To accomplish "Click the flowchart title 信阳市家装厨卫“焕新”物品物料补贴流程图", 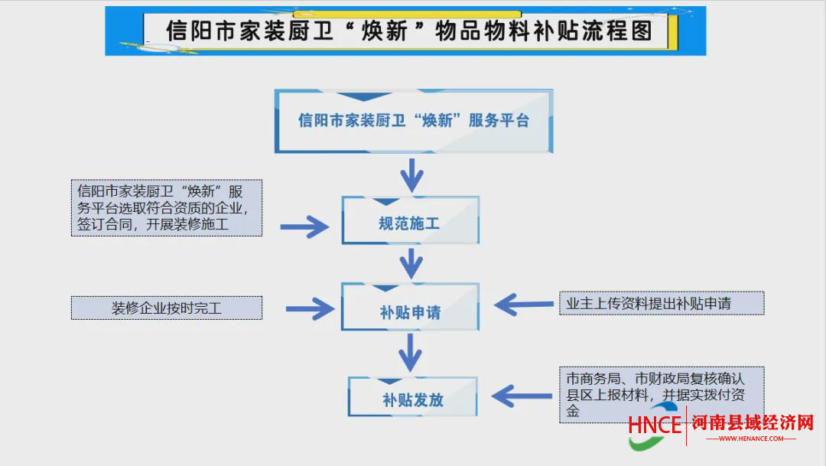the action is pyautogui.click(x=409, y=31).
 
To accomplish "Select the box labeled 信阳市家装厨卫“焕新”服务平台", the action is pyautogui.click(x=414, y=121).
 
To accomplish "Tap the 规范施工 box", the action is pyautogui.click(x=411, y=220).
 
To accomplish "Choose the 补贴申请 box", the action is pyautogui.click(x=411, y=307).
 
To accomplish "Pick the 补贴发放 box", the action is pyautogui.click(x=412, y=396).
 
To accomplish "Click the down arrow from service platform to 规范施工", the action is pyautogui.click(x=412, y=174).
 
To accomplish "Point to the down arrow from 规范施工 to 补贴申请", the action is pyautogui.click(x=411, y=263).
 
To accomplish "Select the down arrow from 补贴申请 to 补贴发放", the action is pyautogui.click(x=411, y=353).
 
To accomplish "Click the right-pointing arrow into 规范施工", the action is pyautogui.click(x=304, y=226).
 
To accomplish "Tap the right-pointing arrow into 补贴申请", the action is pyautogui.click(x=310, y=308).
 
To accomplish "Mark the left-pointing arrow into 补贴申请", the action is pyautogui.click(x=524, y=305).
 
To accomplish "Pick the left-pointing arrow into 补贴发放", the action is pyautogui.click(x=522, y=396).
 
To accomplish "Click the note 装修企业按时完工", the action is pyautogui.click(x=167, y=308).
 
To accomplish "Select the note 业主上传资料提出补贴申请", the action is pyautogui.click(x=662, y=303).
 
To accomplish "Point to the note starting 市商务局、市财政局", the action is pyautogui.click(x=662, y=394).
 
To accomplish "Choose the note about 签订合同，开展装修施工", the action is pyautogui.click(x=167, y=207).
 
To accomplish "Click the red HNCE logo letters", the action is pyautogui.click(x=655, y=425).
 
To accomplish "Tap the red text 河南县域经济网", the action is pyautogui.click(x=753, y=423).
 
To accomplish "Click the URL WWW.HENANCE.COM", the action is pyautogui.click(x=751, y=438).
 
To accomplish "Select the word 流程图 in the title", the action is pyautogui.click(x=618, y=31).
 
